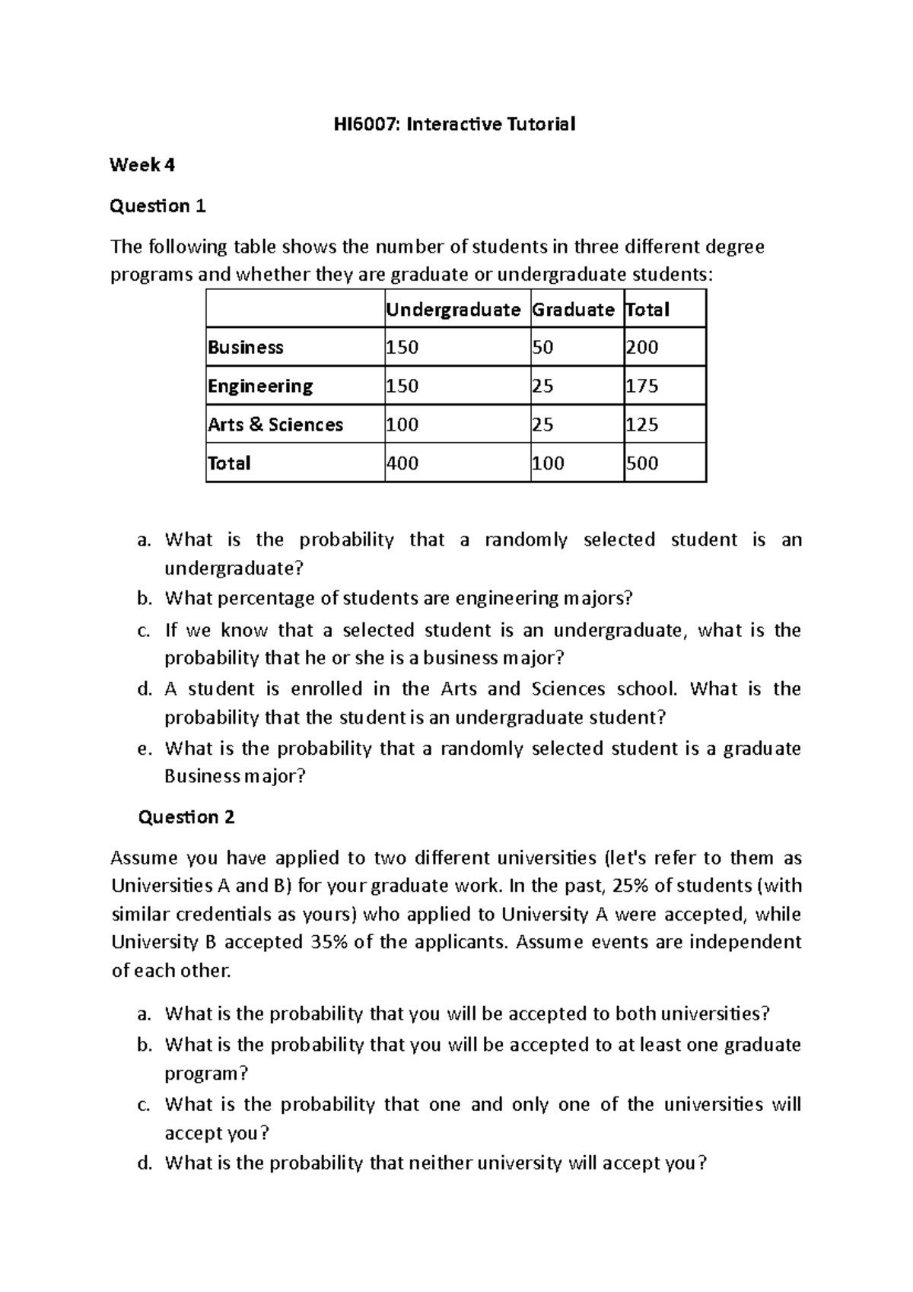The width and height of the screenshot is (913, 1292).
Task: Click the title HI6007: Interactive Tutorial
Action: [456, 124]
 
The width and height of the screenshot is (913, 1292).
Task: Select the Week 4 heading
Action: [142, 165]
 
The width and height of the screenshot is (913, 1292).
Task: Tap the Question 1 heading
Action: [158, 206]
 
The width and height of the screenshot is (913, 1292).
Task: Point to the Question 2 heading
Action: [186, 817]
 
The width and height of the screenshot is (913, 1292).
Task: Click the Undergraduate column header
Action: [453, 310]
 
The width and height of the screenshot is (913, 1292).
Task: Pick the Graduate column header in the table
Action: [573, 310]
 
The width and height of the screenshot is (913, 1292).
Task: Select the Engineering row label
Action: [260, 387]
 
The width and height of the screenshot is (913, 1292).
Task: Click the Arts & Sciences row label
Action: [275, 425]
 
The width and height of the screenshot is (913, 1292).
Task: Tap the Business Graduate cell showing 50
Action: [542, 348]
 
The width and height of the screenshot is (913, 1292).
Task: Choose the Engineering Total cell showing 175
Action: [642, 387]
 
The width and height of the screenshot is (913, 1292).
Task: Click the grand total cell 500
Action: [642, 463]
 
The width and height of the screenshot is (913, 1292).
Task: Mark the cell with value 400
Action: [402, 463]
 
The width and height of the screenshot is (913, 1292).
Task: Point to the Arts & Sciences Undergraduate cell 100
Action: [402, 425]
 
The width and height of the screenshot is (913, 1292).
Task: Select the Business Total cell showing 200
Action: [642, 348]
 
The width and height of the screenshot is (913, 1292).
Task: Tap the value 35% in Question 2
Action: [329, 942]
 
